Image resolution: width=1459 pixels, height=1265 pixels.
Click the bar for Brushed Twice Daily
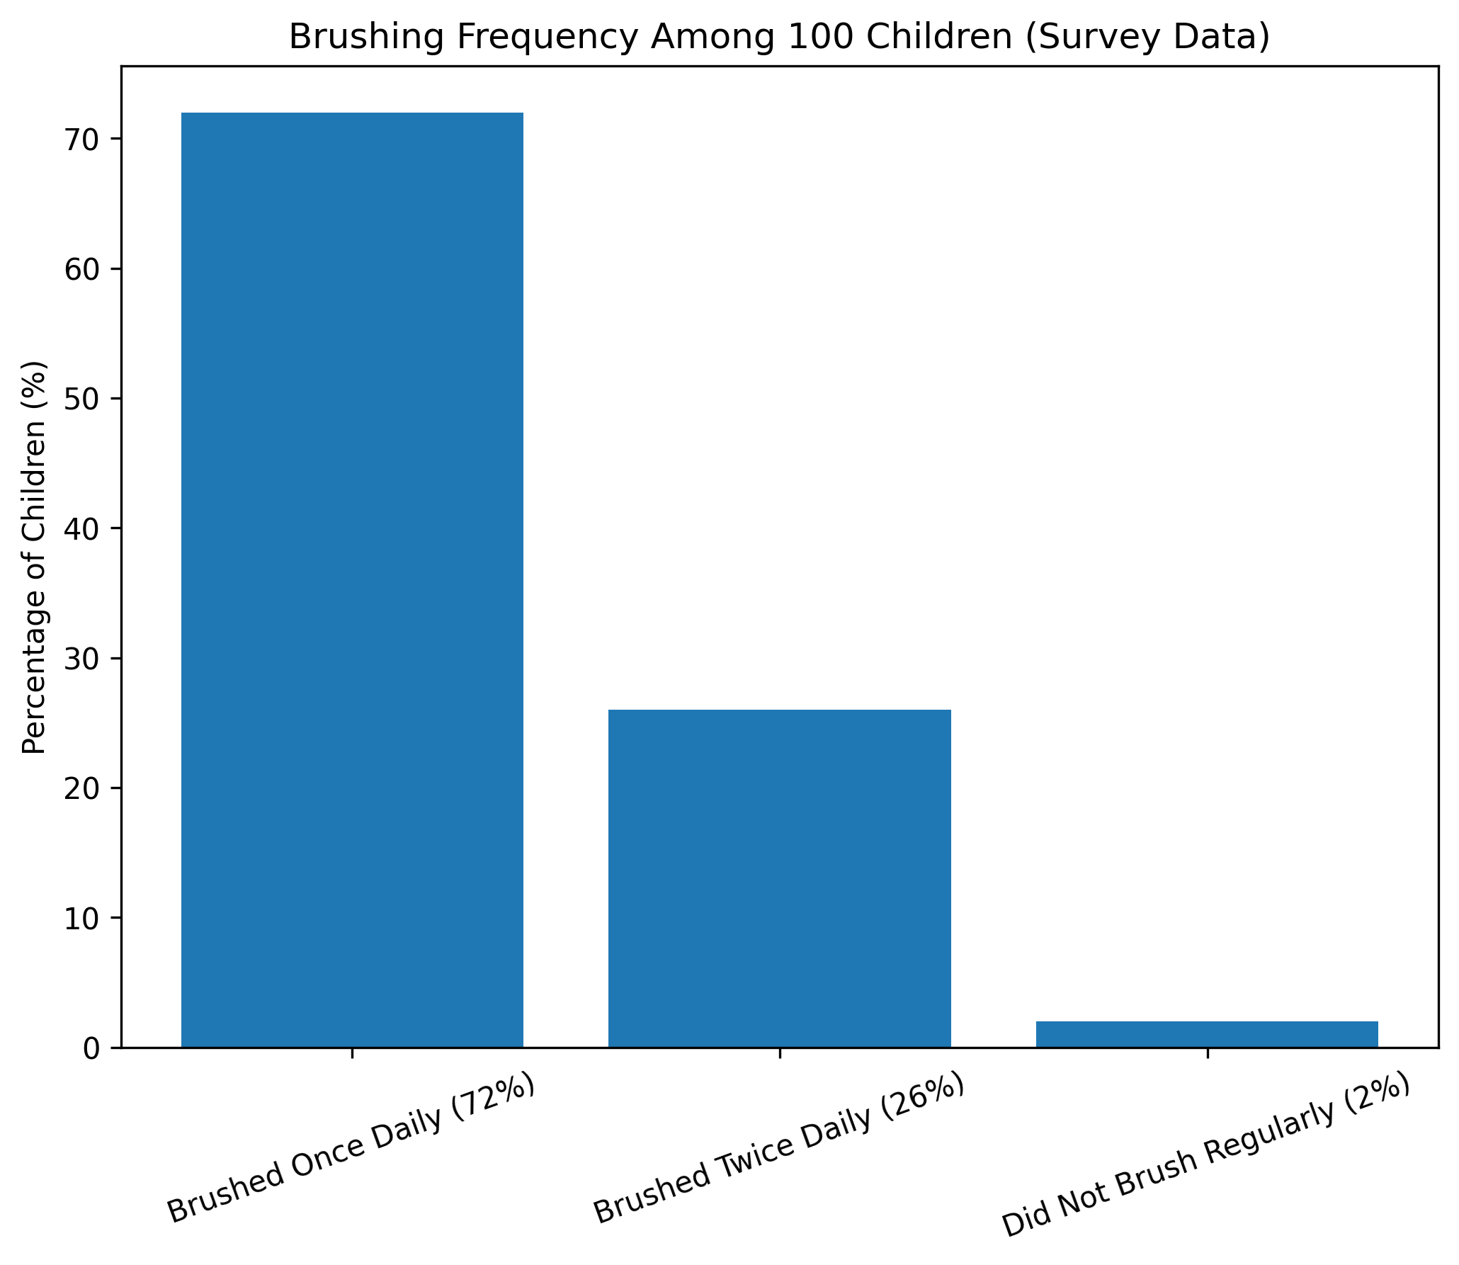[779, 878]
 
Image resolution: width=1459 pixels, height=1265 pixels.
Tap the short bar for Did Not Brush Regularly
[1207, 1034]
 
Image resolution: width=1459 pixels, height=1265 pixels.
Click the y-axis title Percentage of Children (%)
[34, 557]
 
